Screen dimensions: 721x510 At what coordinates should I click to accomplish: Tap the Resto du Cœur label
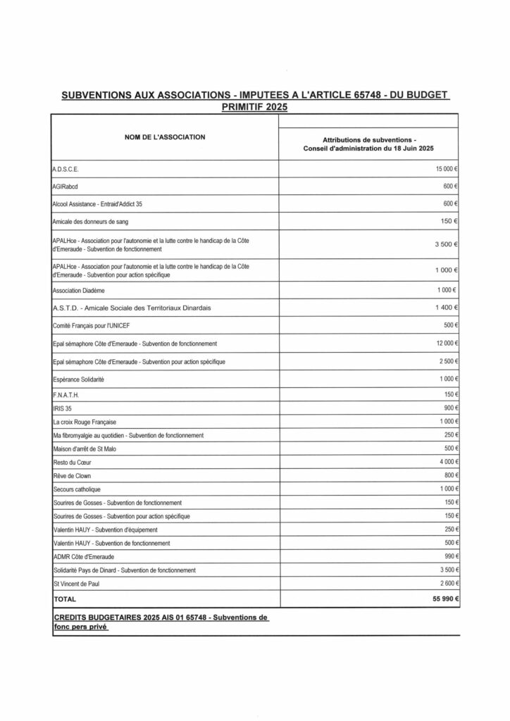tap(73, 462)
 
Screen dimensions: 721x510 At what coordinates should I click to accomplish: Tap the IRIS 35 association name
tap(64, 408)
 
